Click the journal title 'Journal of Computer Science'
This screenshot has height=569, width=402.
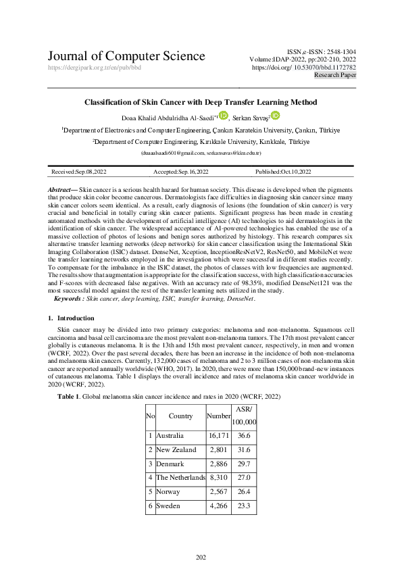point(126,56)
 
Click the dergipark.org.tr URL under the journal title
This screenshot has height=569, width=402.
point(94,68)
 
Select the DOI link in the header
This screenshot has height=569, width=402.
point(304,68)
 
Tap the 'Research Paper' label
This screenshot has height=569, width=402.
point(335,76)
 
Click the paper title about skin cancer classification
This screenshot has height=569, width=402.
point(200,102)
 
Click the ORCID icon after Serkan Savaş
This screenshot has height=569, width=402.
point(275,116)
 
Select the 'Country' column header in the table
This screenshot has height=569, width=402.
point(180,416)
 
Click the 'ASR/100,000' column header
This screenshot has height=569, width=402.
point(244,416)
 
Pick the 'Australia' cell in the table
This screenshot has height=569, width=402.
point(170,436)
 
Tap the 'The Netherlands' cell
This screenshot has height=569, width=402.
point(180,478)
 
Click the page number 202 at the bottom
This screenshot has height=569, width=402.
point(201,557)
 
